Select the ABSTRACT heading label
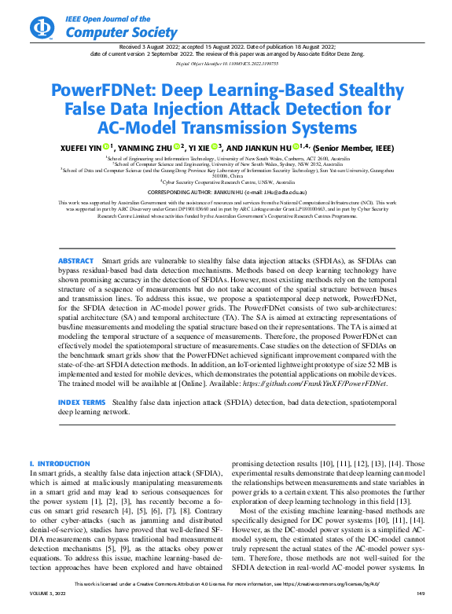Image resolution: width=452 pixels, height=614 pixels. coord(75,238)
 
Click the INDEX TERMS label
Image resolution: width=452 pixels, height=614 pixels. coord(81,402)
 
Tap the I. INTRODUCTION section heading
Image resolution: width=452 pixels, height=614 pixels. coord(60,464)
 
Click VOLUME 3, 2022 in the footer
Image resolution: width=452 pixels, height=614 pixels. coord(46,605)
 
